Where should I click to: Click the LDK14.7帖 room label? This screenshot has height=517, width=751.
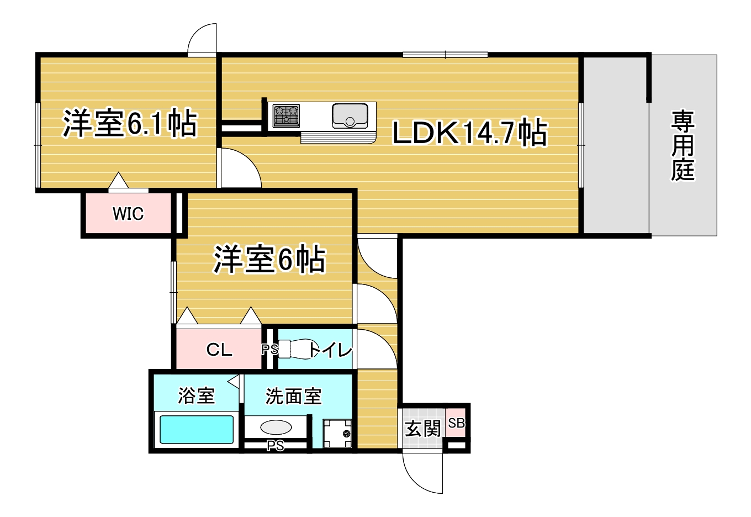(470, 133)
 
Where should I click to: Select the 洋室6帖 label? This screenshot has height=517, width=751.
(269, 259)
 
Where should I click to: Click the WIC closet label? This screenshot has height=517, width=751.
(128, 214)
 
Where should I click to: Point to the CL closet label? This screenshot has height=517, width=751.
(219, 350)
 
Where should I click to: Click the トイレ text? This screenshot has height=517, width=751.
(330, 350)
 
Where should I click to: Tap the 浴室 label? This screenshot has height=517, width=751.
(197, 395)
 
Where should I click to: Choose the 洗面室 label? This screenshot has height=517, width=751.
(294, 396)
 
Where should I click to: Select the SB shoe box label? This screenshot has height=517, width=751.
(456, 423)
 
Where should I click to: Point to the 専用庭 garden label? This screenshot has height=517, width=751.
(683, 146)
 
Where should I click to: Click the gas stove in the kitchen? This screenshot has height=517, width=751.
(286, 116)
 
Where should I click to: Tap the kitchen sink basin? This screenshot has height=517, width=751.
(350, 115)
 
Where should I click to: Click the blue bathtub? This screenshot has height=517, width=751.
(197, 430)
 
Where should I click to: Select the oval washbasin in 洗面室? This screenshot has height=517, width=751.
(276, 427)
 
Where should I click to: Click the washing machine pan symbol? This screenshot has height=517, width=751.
(337, 433)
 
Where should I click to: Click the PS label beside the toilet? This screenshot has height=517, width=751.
(270, 350)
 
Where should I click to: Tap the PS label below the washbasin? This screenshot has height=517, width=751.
(275, 446)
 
